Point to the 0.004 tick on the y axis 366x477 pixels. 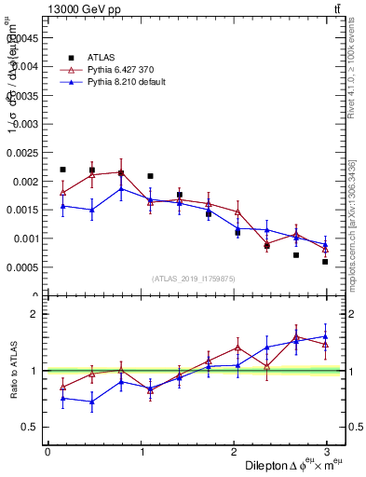pos(27,66)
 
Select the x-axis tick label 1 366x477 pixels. pos(141,451)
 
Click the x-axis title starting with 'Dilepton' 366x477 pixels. pos(295,465)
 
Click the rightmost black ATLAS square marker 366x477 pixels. pos(325,262)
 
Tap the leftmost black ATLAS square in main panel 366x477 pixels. pos(62,170)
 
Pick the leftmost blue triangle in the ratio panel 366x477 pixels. pos(62,398)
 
